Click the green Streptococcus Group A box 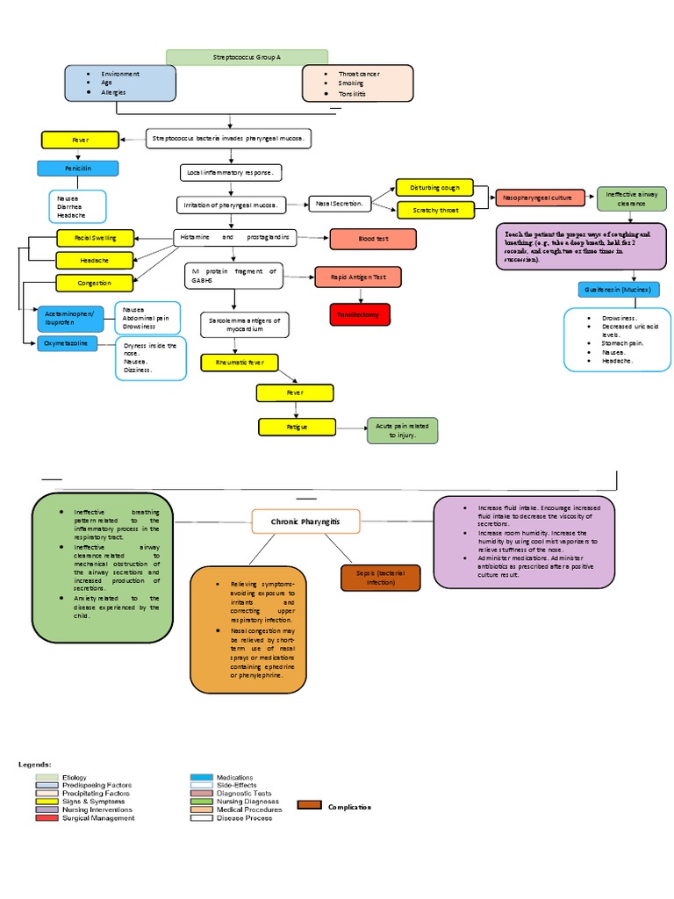[x=247, y=57]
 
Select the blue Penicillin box [x=77, y=169]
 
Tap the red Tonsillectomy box [x=360, y=313]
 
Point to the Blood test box [x=372, y=238]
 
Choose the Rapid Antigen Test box [x=358, y=277]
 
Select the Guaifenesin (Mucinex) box [x=618, y=290]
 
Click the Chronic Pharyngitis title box [x=305, y=522]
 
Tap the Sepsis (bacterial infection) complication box [x=380, y=577]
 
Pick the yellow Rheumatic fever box [x=239, y=362]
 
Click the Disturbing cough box [x=434, y=187]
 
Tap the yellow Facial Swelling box [x=97, y=238]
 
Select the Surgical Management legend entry [x=97, y=818]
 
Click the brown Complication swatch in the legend [x=310, y=806]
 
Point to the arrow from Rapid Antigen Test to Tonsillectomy [x=360, y=295]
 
